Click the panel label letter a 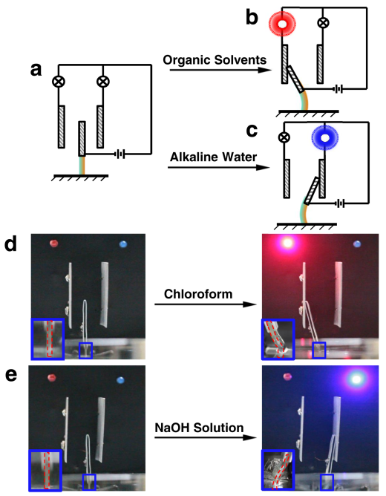36,71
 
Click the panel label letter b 252,18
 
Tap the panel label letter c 252,131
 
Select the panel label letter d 10,244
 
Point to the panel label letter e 11,375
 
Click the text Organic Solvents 215,60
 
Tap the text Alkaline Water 213,157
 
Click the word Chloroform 198,294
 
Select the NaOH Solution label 199,428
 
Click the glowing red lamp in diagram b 282,24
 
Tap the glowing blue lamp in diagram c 325,138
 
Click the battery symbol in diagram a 120,154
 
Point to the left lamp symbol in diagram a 59,82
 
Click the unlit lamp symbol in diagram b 323,23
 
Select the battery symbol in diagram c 339,203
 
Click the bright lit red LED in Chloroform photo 287,243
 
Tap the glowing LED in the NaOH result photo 356,379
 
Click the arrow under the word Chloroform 205,304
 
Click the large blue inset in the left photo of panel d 48,339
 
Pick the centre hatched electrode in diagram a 82,139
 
